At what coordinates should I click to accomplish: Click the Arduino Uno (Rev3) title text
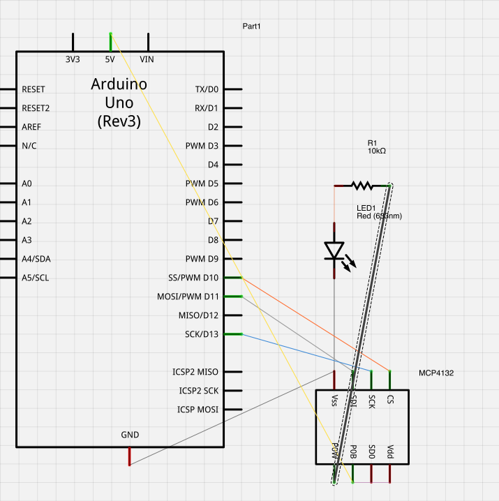coord(119,103)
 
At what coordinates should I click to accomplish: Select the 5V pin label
coord(110,59)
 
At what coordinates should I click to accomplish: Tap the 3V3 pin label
coord(73,59)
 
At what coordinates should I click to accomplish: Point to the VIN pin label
coord(147,59)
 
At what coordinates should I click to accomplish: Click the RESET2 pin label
coord(36,108)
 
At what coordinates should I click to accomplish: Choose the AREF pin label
coord(32,127)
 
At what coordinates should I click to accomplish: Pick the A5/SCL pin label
coord(36,278)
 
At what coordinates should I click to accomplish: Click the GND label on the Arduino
coord(130,435)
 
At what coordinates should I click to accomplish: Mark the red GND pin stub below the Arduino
coord(129,456)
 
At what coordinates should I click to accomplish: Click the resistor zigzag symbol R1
coord(362,186)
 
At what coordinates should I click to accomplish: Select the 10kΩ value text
coord(378,151)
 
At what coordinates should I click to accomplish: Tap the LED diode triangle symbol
coord(335,250)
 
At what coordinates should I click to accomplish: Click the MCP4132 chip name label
coord(436,373)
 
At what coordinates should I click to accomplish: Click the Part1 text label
coord(251,27)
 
